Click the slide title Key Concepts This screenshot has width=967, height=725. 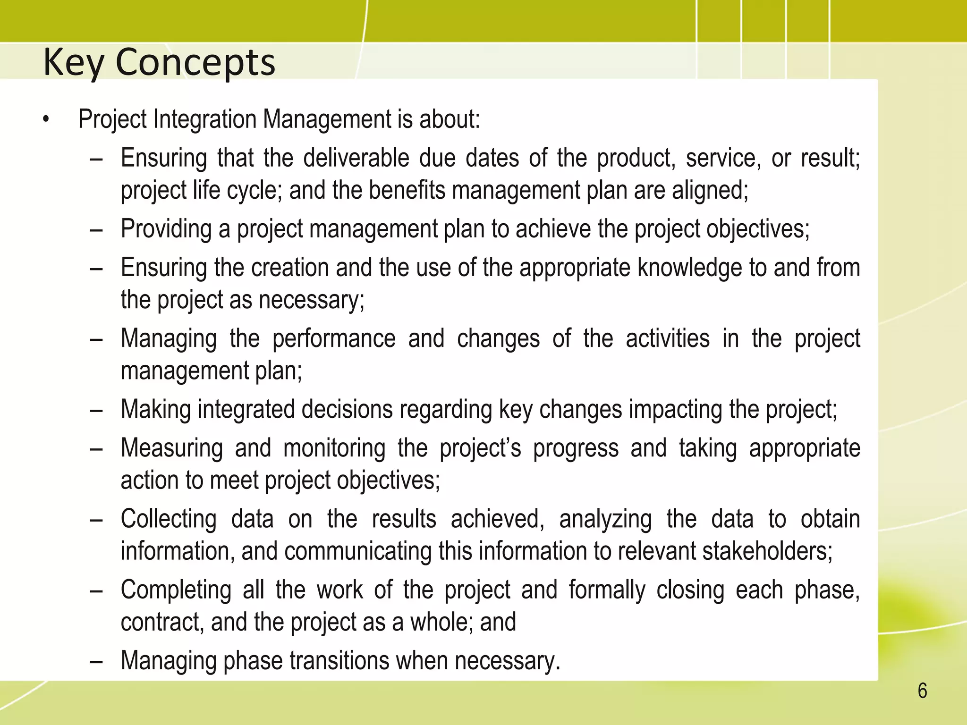(x=159, y=62)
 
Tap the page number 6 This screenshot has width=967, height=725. (x=922, y=691)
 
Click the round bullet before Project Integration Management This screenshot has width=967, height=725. (x=45, y=120)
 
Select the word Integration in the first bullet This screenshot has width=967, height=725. (x=206, y=119)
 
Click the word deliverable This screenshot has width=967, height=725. (x=356, y=158)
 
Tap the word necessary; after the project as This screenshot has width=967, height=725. (x=312, y=300)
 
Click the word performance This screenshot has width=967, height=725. (x=334, y=338)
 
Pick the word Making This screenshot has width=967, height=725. (x=156, y=409)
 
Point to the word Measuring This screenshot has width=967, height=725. (x=171, y=448)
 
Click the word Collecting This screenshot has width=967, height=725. (x=169, y=519)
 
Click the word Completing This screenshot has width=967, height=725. (x=176, y=590)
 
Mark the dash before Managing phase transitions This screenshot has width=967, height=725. (x=96, y=662)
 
